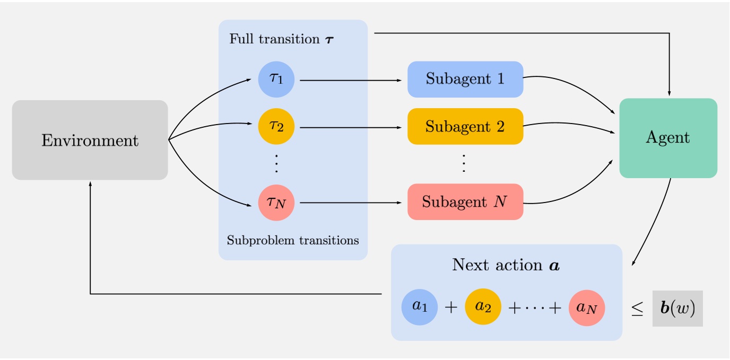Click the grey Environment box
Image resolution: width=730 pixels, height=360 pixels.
pyautogui.click(x=90, y=140)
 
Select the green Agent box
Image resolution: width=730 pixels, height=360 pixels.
pyautogui.click(x=668, y=138)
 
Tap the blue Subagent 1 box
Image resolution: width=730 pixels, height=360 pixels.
pyautogui.click(x=465, y=80)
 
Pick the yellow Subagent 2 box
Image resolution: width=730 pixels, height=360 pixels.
pyautogui.click(x=465, y=127)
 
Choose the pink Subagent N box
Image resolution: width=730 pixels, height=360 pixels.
pyautogui.click(x=465, y=202)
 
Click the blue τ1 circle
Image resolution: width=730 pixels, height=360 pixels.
pyautogui.click(x=276, y=80)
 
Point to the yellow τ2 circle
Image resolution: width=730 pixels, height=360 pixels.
pyautogui.click(x=276, y=127)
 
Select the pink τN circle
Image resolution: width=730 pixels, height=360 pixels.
pyautogui.click(x=276, y=202)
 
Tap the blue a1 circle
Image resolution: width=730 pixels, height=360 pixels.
pyautogui.click(x=420, y=307)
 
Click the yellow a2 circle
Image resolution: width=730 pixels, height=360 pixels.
pyautogui.click(x=483, y=307)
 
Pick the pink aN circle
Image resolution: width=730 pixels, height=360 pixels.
pyautogui.click(x=587, y=307)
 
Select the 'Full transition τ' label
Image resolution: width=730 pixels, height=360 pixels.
pyautogui.click(x=282, y=39)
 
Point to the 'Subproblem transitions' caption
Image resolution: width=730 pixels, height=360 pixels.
pyautogui.click(x=293, y=240)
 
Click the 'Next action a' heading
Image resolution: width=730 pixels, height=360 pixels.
pyautogui.click(x=506, y=265)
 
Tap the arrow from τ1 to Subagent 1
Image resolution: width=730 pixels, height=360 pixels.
pyautogui.click(x=350, y=81)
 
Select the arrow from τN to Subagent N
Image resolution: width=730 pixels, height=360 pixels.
pyautogui.click(x=350, y=203)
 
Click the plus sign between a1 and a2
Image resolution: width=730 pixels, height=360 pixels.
pyautogui.click(x=450, y=308)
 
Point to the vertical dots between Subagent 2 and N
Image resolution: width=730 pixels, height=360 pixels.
pyautogui.click(x=464, y=164)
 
